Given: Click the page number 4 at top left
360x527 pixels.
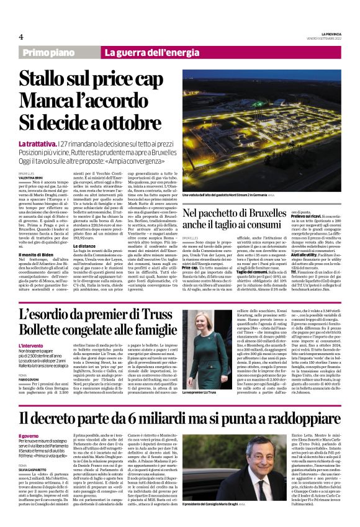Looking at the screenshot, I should tap(21, 37).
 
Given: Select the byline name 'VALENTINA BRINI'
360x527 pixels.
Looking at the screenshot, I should tap(31, 177).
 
